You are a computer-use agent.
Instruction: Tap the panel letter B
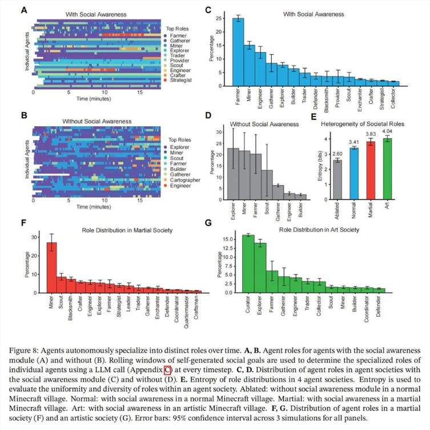pyautogui.click(x=23, y=115)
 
